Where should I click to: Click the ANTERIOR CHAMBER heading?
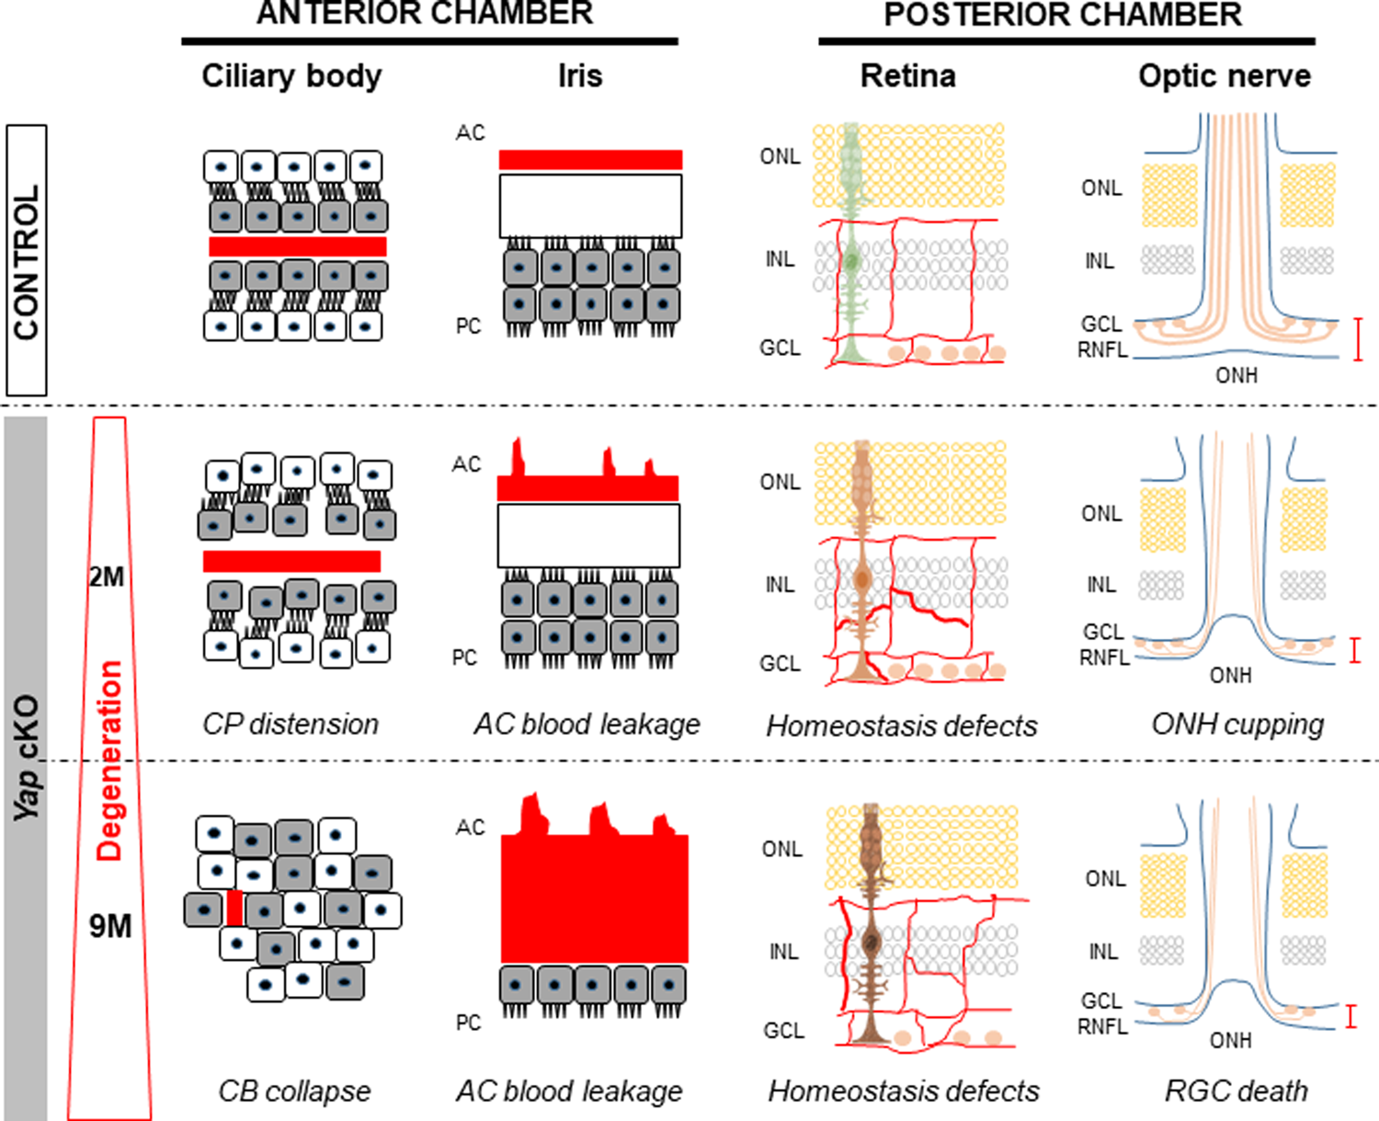tap(425, 14)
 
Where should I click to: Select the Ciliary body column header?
tap(291, 75)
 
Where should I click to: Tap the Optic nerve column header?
tap(1224, 75)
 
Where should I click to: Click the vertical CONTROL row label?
tap(26, 261)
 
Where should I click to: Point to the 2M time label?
tap(107, 578)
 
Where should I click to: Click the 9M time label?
tap(110, 926)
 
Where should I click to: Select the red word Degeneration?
tap(109, 760)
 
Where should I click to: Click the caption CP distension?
tap(291, 724)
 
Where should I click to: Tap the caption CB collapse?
tap(294, 1091)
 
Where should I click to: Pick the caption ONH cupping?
tap(1237, 725)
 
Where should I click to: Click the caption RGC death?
tap(1236, 1091)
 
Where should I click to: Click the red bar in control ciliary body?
tap(297, 246)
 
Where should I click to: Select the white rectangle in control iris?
tap(590, 206)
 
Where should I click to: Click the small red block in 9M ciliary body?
tap(234, 908)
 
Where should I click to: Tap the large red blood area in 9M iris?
tap(594, 897)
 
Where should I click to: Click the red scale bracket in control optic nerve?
tap(1359, 338)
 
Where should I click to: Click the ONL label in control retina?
tap(780, 156)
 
